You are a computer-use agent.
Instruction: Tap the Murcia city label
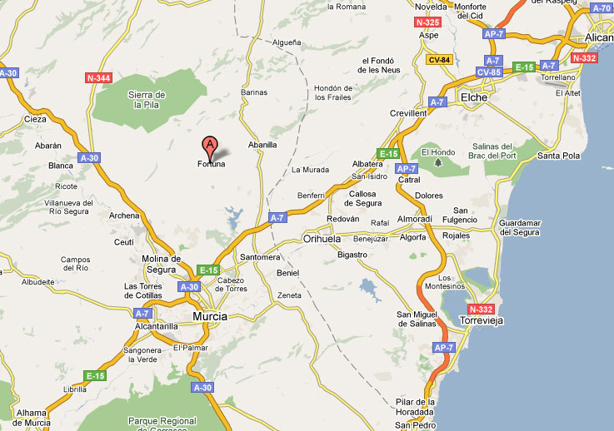[209, 316]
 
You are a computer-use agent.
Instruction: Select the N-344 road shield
[98, 78]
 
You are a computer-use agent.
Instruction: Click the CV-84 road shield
[438, 60]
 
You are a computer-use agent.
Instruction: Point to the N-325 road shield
[427, 22]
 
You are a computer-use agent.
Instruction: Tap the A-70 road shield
[601, 7]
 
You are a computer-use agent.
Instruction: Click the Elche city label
[473, 97]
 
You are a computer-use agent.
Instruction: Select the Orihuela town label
[322, 239]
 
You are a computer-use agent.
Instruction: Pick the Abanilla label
[262, 144]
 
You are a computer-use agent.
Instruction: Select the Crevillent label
[408, 113]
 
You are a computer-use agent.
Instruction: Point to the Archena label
[124, 215]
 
